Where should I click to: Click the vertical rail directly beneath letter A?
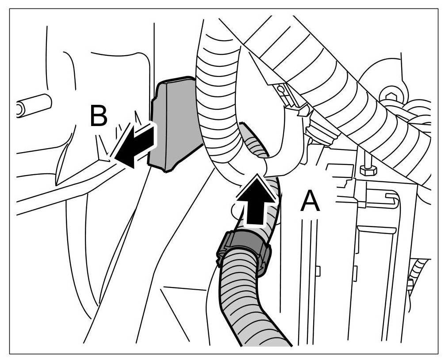[x=310, y=274]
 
